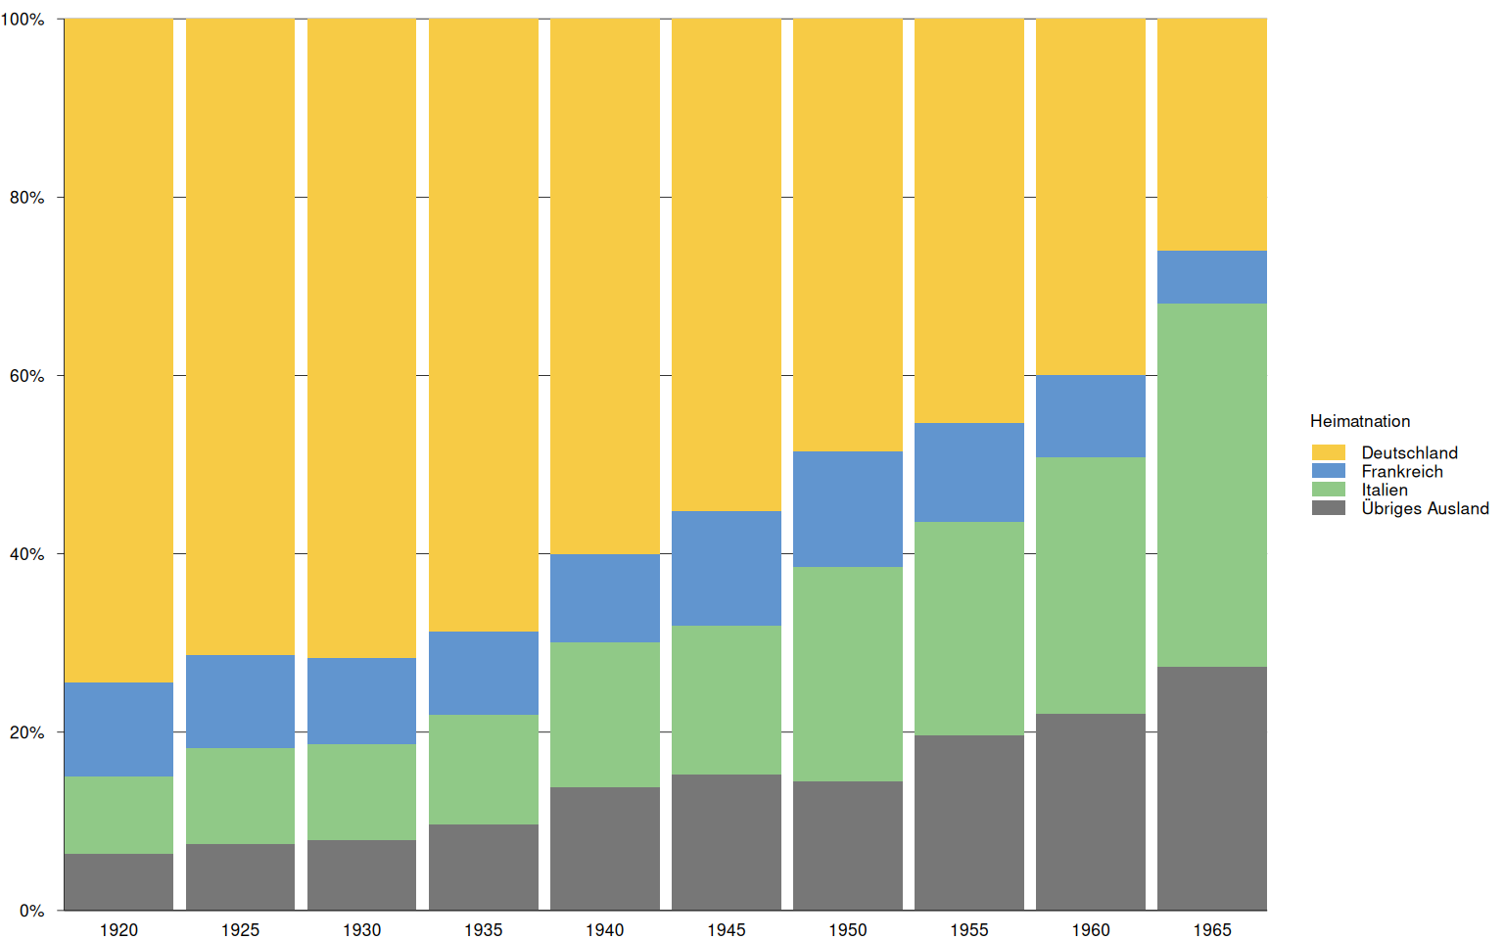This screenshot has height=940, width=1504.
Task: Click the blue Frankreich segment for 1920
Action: (x=118, y=729)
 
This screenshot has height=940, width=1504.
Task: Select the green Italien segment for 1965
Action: (x=1211, y=485)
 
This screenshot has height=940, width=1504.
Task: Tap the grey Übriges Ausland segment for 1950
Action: (x=847, y=845)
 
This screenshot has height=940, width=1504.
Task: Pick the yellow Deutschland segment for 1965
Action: (x=1211, y=135)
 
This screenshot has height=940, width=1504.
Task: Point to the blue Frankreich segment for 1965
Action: (x=1211, y=277)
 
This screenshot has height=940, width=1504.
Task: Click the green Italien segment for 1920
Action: (x=118, y=815)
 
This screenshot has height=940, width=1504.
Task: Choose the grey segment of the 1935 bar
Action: (x=483, y=867)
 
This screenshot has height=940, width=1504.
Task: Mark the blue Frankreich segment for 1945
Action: (x=726, y=568)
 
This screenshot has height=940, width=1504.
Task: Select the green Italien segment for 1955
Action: (x=968, y=629)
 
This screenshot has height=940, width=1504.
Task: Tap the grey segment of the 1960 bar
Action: (x=1090, y=812)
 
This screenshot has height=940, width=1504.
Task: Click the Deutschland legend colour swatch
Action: (x=1328, y=452)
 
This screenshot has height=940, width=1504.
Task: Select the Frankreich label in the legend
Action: (x=1401, y=471)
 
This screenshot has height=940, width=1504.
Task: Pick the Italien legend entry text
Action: (x=1384, y=490)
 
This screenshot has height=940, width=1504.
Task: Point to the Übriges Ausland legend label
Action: (x=1424, y=508)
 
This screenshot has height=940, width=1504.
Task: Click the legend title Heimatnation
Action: (x=1360, y=421)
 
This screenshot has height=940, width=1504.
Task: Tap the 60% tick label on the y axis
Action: (x=26, y=376)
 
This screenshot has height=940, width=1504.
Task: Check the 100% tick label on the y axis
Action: (x=23, y=20)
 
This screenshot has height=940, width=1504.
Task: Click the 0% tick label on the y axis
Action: (x=31, y=911)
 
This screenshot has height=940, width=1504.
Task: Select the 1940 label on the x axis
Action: (x=604, y=930)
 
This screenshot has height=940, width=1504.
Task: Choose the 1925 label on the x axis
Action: (x=240, y=930)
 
